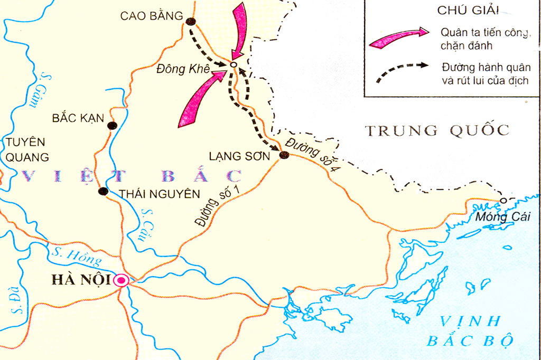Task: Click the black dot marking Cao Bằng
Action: pyautogui.click(x=191, y=22)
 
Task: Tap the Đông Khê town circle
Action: pyautogui.click(x=233, y=65)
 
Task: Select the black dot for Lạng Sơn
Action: pyautogui.click(x=284, y=155)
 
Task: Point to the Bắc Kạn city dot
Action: pyautogui.click(x=112, y=126)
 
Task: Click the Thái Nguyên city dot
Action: pyautogui.click(x=104, y=191)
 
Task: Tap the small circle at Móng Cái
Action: pyautogui.click(x=503, y=201)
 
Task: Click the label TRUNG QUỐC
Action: pyautogui.click(x=437, y=130)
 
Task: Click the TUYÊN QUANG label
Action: pyautogui.click(x=26, y=149)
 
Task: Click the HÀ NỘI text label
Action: pyautogui.click(x=82, y=280)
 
